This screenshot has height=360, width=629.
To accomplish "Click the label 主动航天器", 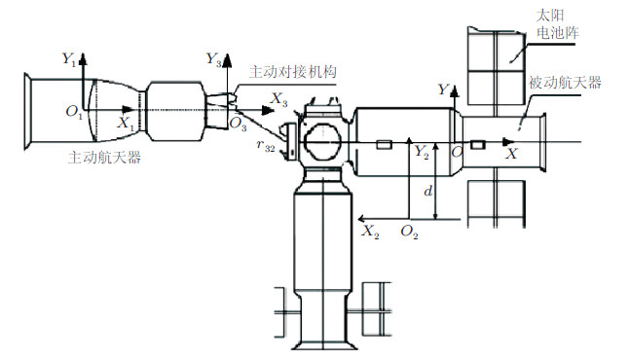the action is pyautogui.click(x=104, y=158).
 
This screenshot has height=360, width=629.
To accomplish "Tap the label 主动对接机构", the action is pyautogui.click(x=293, y=72).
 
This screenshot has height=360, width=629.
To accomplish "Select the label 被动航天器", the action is pyautogui.click(x=565, y=83).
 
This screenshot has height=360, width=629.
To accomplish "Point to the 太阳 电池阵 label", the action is pyautogui.click(x=558, y=24).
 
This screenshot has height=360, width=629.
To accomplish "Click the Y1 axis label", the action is pyautogui.click(x=68, y=59).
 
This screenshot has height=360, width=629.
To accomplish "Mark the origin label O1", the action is pyautogui.click(x=74, y=112).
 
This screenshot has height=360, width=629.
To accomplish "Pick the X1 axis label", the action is pyautogui.click(x=126, y=123).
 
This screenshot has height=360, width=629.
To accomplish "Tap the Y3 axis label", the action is pyautogui.click(x=213, y=59).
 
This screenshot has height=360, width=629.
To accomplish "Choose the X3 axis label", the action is pyautogui.click(x=279, y=98).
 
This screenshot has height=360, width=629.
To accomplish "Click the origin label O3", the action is pyautogui.click(x=238, y=125).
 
